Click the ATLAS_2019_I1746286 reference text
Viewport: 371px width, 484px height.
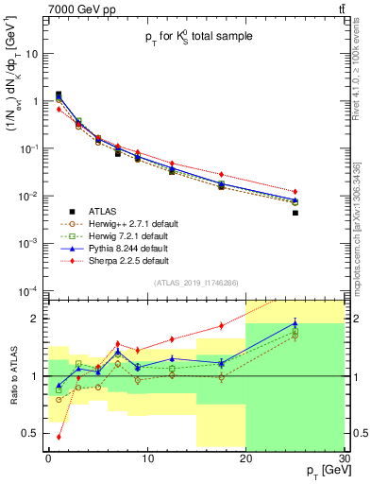(x=195, y=283)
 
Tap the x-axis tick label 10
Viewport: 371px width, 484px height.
(x=146, y=458)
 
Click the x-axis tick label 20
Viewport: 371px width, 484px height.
(x=245, y=458)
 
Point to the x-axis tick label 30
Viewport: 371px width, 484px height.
(x=343, y=458)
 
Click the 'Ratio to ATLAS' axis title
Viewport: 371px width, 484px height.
(x=12, y=375)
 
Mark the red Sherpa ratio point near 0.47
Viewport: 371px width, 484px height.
(x=59, y=437)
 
